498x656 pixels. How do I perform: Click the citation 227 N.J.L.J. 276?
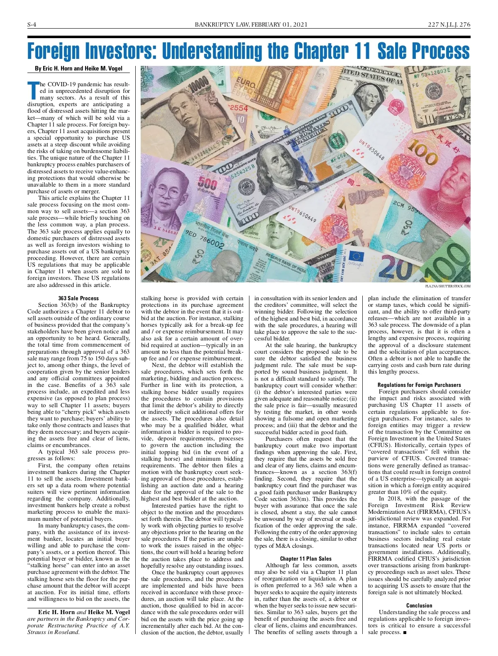[x=449, y=24]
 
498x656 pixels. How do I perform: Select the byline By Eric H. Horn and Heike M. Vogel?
[x=78, y=68]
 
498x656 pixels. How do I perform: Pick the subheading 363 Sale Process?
[x=78, y=298]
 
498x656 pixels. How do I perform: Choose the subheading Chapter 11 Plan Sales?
[x=305, y=559]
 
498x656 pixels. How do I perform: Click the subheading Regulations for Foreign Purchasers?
[x=419, y=385]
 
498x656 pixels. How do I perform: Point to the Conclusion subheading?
[x=419, y=605]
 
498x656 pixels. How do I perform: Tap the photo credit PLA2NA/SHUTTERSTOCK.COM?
[x=448, y=286]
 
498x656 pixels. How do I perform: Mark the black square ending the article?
[x=405, y=632]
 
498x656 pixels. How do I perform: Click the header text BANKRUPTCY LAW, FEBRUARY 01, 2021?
[x=251, y=24]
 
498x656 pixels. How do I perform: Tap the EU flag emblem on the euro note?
[x=356, y=256]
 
